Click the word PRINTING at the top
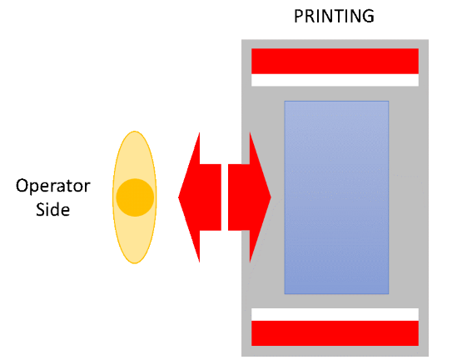(x=334, y=16)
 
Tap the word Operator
(x=53, y=186)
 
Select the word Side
(x=52, y=209)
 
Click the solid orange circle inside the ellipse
(x=135, y=197)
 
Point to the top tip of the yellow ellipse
(x=135, y=132)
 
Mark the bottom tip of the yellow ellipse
(x=135, y=263)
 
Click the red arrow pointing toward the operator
(x=200, y=197)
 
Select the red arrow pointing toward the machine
(x=250, y=197)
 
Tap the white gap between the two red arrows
(x=225, y=197)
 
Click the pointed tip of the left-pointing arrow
(x=178, y=197)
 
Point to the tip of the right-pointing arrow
(x=271, y=197)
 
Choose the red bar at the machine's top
(x=335, y=61)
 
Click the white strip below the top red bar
(x=335, y=80)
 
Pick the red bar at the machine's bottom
(x=335, y=333)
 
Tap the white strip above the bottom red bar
(x=335, y=314)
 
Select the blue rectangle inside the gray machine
(x=336, y=197)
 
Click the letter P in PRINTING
(x=299, y=16)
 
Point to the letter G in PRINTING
(x=368, y=16)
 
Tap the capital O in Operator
(x=22, y=186)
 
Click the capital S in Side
(x=41, y=209)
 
